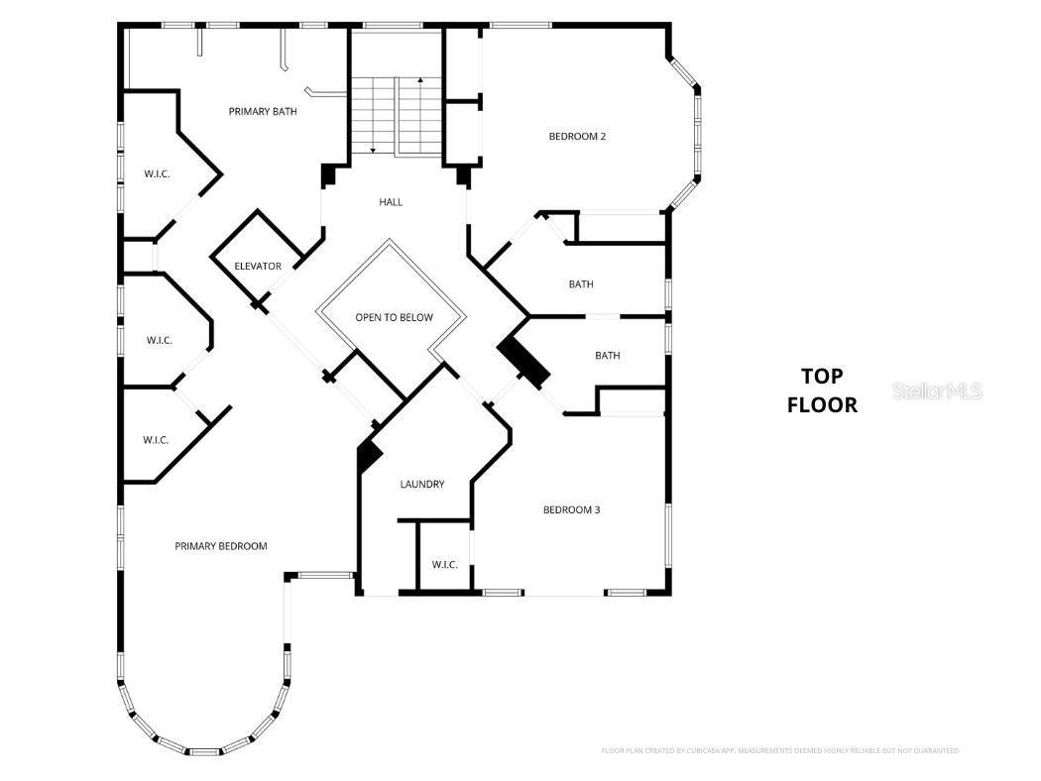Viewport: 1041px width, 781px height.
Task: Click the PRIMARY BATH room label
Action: (x=263, y=112)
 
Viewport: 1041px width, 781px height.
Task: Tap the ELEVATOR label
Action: (x=258, y=266)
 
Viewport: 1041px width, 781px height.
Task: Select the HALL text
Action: (x=391, y=202)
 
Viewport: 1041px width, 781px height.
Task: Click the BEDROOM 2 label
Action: (x=577, y=137)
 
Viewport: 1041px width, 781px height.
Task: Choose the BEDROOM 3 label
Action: (x=571, y=510)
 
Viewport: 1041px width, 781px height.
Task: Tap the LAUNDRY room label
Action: (x=422, y=485)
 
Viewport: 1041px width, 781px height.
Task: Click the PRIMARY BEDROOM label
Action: (x=221, y=546)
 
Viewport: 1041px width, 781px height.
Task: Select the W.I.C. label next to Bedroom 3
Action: (x=444, y=565)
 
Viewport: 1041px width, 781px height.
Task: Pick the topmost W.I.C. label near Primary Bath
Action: (x=157, y=174)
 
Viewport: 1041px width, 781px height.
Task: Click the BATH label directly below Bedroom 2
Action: (x=581, y=284)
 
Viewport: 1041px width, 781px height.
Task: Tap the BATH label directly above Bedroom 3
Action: (x=607, y=356)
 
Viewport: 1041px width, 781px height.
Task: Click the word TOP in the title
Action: (x=822, y=376)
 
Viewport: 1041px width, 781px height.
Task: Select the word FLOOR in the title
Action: (x=822, y=405)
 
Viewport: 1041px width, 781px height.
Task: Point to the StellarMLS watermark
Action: (x=937, y=391)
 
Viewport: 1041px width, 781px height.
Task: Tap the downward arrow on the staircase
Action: (x=373, y=149)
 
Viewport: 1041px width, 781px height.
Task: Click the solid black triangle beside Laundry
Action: (x=370, y=456)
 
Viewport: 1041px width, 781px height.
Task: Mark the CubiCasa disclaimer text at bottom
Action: (x=780, y=750)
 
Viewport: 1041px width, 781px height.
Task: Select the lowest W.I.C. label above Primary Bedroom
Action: (x=156, y=439)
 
